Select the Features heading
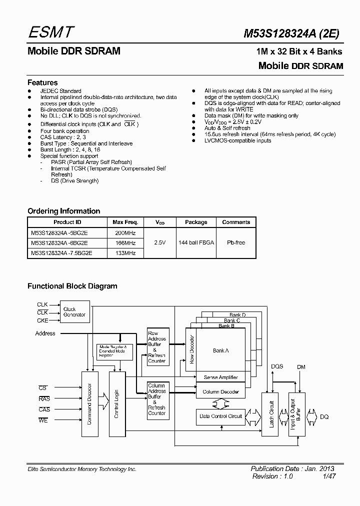(42, 82)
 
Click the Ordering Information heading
(63, 211)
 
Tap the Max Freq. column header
(125, 222)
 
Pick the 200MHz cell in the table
(125, 232)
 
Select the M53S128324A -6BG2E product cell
(67, 243)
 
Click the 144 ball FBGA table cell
(196, 242)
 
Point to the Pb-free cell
(236, 242)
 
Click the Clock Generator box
(74, 312)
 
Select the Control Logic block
(116, 403)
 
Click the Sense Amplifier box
(221, 377)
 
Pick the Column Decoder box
(221, 391)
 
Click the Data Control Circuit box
(220, 416)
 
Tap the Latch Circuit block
(272, 414)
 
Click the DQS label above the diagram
(277, 366)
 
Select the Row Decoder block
(191, 350)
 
